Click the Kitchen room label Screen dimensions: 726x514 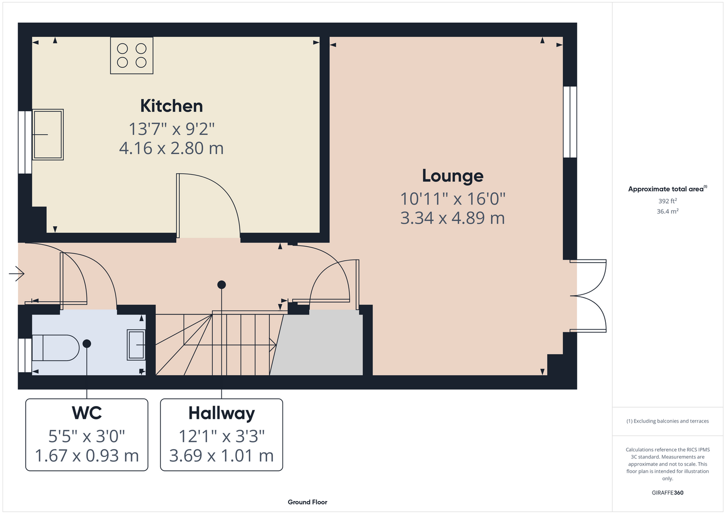(x=172, y=106)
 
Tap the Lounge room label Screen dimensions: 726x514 (x=453, y=176)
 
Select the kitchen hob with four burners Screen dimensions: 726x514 (x=132, y=56)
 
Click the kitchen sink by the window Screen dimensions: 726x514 (x=48, y=135)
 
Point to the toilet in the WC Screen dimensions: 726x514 (x=55, y=348)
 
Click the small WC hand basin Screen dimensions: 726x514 (x=136, y=345)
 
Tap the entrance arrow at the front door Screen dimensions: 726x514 (x=16, y=274)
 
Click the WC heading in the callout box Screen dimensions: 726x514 (x=87, y=413)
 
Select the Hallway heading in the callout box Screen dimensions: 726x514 (x=221, y=414)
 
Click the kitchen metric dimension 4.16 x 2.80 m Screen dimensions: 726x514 (x=172, y=148)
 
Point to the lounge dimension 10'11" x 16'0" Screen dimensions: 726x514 (x=453, y=199)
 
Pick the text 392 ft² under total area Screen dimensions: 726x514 (x=667, y=201)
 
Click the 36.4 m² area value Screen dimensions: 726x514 (x=667, y=211)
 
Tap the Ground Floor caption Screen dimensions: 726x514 (x=307, y=502)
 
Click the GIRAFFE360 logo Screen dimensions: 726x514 (x=667, y=492)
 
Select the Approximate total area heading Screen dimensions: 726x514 (x=667, y=189)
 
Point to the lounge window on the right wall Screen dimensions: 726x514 (x=570, y=122)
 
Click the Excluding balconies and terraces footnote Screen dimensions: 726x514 (x=667, y=421)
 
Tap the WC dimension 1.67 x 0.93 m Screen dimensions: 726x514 (x=87, y=455)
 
